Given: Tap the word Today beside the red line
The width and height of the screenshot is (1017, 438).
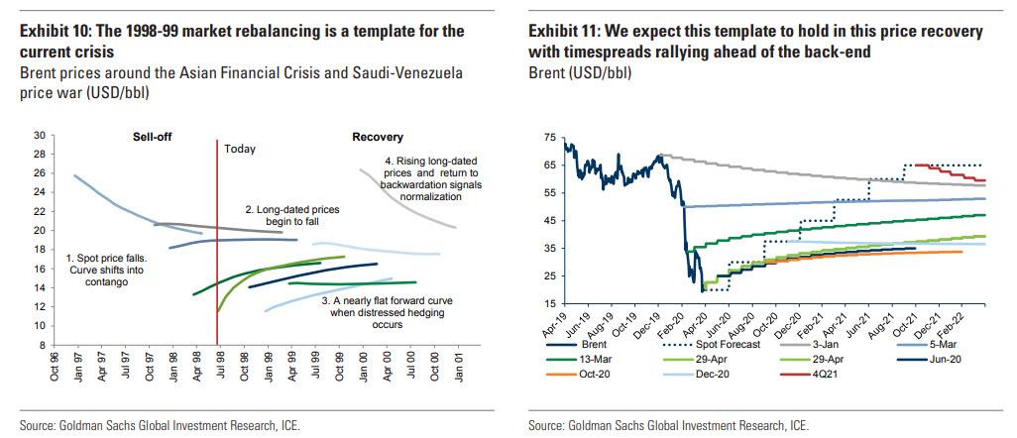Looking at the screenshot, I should pos(240,150).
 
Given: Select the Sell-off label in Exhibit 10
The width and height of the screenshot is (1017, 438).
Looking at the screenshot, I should pos(154,136).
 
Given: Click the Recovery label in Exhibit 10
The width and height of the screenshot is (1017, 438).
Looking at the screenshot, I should pos(378,136).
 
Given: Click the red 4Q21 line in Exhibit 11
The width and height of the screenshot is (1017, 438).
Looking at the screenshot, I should pos(952,173).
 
